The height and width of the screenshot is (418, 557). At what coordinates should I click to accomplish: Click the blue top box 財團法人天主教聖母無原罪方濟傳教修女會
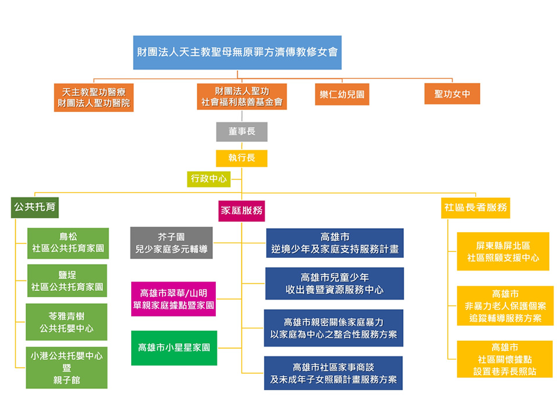pyautogui.click(x=237, y=52)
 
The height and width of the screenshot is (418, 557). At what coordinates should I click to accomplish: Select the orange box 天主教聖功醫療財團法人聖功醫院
pyautogui.click(x=94, y=98)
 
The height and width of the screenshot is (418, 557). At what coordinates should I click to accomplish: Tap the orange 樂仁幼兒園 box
pyautogui.click(x=342, y=94)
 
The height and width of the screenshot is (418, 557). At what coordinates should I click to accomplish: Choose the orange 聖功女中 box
pyautogui.click(x=452, y=94)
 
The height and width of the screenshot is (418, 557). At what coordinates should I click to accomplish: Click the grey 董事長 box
pyautogui.click(x=241, y=132)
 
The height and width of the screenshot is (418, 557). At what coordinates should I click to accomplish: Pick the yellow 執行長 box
pyautogui.click(x=241, y=158)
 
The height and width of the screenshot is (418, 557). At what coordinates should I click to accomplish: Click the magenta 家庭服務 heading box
pyautogui.click(x=241, y=211)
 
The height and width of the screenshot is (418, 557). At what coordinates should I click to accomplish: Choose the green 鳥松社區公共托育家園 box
pyautogui.click(x=68, y=243)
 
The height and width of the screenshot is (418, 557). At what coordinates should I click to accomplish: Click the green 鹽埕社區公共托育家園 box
pyautogui.click(x=68, y=280)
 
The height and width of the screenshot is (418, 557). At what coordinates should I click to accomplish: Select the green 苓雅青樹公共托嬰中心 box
pyautogui.click(x=67, y=322)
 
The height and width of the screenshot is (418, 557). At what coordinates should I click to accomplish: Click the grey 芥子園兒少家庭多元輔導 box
pyautogui.click(x=171, y=243)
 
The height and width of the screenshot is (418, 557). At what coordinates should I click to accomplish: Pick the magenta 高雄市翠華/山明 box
pyautogui.click(x=173, y=298)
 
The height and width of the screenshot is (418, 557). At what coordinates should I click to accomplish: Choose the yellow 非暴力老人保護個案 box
pyautogui.click(x=505, y=305)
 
